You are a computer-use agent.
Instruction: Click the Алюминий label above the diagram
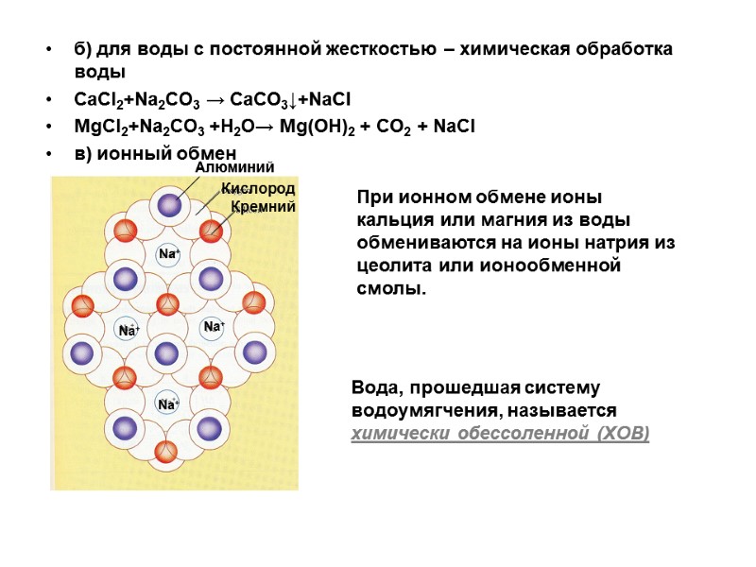[x=226, y=166]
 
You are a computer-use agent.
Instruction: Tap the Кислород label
[x=258, y=188]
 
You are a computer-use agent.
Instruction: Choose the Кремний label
[x=264, y=205]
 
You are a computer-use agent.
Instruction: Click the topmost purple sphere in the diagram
[x=168, y=204]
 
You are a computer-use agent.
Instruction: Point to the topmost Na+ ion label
[x=168, y=254]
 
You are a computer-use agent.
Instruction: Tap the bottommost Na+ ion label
[x=168, y=404]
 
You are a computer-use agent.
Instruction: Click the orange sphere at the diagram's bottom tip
[x=166, y=452]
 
